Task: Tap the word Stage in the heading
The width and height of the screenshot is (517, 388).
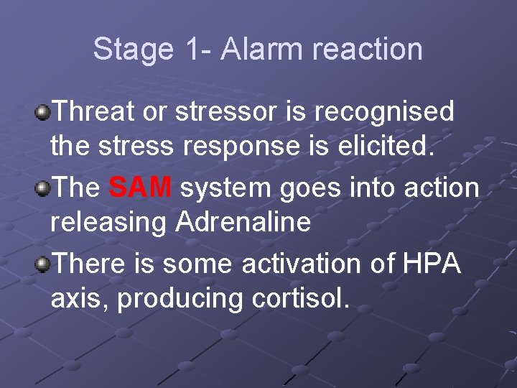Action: pyautogui.click(x=133, y=50)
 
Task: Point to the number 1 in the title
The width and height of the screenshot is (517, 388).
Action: pyautogui.click(x=190, y=50)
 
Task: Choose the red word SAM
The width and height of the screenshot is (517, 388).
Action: pyautogui.click(x=140, y=188)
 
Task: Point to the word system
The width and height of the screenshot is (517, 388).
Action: pyautogui.click(x=225, y=188)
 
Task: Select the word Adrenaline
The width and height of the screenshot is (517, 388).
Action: pyautogui.click(x=243, y=222)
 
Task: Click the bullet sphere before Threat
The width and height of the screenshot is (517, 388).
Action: pyautogui.click(x=43, y=112)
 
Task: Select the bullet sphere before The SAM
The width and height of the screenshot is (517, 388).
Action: pyautogui.click(x=43, y=188)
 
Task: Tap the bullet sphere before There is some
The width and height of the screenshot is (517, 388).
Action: pyautogui.click(x=43, y=264)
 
